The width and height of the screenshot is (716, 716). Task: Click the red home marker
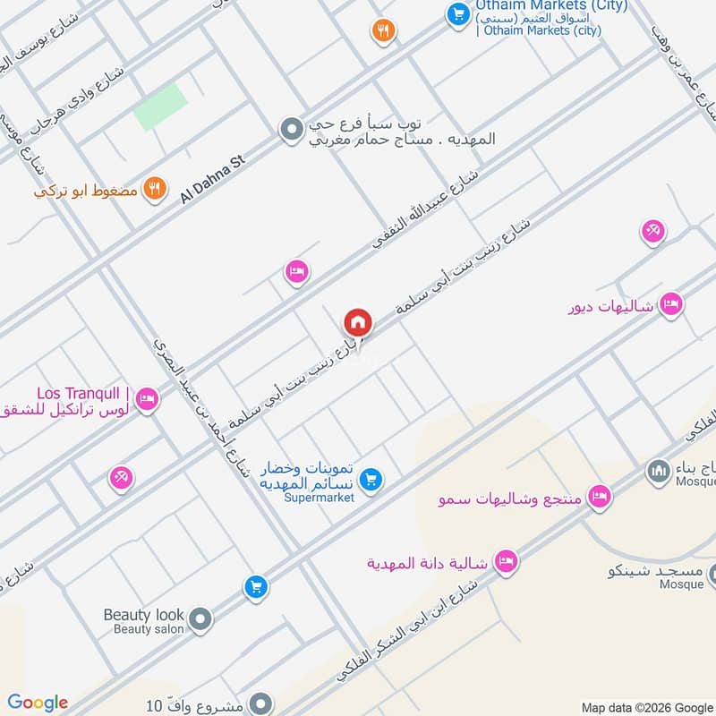click(358, 321)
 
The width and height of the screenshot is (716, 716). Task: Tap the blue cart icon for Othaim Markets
click(457, 13)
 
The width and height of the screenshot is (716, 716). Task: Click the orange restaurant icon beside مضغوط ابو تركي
click(155, 189)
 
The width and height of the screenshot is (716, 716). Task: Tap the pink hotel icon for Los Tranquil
click(148, 398)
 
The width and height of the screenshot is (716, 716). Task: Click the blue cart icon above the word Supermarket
click(372, 480)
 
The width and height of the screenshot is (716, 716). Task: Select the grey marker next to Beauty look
click(200, 618)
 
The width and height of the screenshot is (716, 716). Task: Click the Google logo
click(38, 703)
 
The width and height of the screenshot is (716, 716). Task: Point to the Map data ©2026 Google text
click(645, 706)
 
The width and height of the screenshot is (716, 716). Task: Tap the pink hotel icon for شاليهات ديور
click(671, 305)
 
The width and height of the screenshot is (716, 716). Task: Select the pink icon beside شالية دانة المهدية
click(506, 562)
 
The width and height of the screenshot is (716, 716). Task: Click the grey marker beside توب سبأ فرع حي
click(290, 132)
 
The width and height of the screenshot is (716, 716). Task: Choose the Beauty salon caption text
click(148, 629)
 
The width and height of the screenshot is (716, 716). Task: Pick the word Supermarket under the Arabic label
click(320, 498)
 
